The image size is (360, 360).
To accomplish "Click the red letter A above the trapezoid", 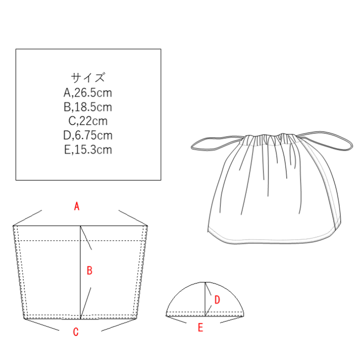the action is click(x=77, y=206).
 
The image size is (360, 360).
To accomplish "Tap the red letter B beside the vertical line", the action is click(x=90, y=270).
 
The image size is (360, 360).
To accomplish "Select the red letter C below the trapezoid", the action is click(x=76, y=332).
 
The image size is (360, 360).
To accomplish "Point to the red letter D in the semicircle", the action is click(x=217, y=300).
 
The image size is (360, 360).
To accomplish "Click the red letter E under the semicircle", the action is click(x=200, y=328).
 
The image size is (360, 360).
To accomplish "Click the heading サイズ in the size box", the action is click(x=88, y=77).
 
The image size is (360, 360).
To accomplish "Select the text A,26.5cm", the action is click(x=88, y=93).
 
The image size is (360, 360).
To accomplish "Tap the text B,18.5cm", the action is click(x=88, y=107).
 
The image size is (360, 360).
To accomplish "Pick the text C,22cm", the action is click(x=88, y=121).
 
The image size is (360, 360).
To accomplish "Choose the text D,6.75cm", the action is click(x=88, y=135).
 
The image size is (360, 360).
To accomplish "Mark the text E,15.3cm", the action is click(x=88, y=149).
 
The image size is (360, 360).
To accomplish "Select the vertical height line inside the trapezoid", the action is click(x=80, y=272).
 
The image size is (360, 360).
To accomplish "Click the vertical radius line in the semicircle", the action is click(x=205, y=299).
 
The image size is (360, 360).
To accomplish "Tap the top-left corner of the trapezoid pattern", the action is click(x=13, y=226).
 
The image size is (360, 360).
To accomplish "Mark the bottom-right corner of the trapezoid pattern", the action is click(x=137, y=319).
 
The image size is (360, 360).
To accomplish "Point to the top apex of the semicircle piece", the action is click(x=205, y=282).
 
